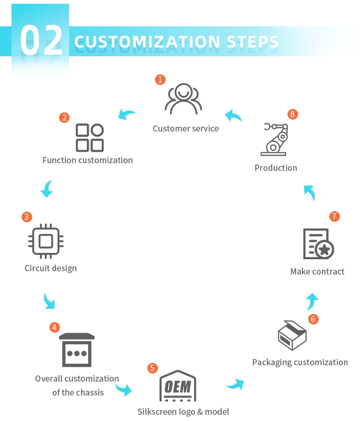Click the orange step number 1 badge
[x=160, y=80]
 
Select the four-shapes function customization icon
[x=90, y=138]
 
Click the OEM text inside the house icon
[x=178, y=386]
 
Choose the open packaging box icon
[x=292, y=336]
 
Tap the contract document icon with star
[x=318, y=244]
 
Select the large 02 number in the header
[x=42, y=42]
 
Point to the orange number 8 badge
[x=293, y=114]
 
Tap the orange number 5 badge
[x=152, y=368]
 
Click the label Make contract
[x=317, y=272]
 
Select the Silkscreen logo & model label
[x=183, y=412]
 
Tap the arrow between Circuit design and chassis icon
[x=49, y=301]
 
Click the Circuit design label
[x=50, y=268]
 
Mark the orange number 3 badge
[x=27, y=217]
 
